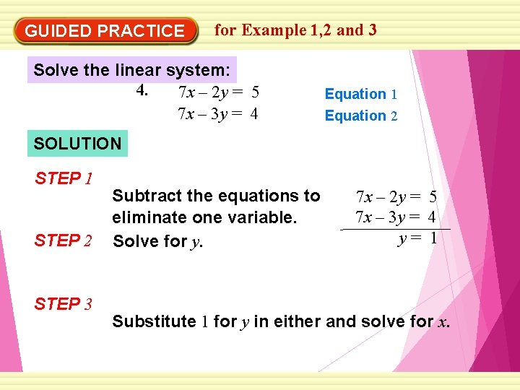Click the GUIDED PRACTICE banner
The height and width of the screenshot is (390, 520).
coord(105,31)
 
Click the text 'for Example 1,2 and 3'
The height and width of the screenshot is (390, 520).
coord(295,30)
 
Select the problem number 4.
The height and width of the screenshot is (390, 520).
coord(142,92)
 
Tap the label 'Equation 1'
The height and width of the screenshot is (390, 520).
coord(360,94)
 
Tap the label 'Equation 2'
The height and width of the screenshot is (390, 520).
coord(360,116)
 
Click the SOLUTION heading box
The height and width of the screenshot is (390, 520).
coord(78,143)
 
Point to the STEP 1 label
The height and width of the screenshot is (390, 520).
coord(63,178)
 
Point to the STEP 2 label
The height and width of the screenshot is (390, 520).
coord(63,240)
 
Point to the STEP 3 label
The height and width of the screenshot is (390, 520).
coord(63,304)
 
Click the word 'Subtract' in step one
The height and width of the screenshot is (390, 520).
coord(141,196)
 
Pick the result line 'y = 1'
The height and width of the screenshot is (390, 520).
coord(417,238)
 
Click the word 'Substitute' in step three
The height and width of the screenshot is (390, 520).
coord(154,321)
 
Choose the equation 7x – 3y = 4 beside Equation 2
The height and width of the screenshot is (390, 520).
coord(218,114)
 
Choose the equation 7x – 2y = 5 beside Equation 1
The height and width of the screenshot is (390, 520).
coord(218,92)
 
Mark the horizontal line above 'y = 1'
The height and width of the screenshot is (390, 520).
coord(395,229)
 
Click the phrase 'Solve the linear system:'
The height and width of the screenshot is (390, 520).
coord(132,71)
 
